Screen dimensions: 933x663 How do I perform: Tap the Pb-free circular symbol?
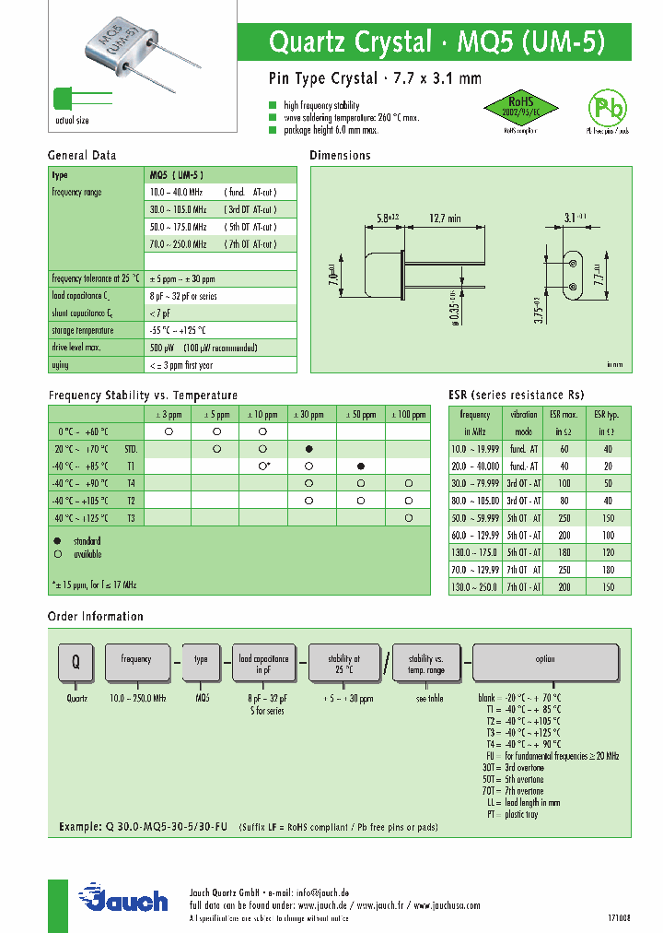(x=607, y=110)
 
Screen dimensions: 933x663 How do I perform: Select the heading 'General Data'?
(x=82, y=156)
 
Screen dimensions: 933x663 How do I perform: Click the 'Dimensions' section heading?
(x=340, y=156)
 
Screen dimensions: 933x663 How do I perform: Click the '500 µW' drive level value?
(x=162, y=348)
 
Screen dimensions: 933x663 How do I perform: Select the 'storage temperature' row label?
(x=83, y=330)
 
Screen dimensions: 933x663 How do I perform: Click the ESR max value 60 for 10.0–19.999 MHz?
(x=564, y=448)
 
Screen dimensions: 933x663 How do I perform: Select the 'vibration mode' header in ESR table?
(x=524, y=422)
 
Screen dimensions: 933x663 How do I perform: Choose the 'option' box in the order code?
(x=544, y=660)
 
